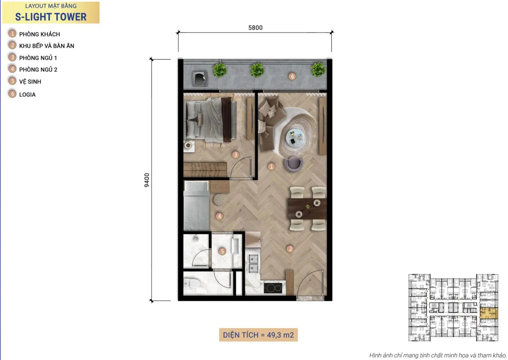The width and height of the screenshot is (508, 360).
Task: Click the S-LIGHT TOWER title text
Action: click(x=51, y=17)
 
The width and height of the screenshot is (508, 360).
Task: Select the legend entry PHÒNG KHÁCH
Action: click(x=39, y=34)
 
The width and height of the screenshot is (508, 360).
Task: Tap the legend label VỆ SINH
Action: click(x=30, y=82)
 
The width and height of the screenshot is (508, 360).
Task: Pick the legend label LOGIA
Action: click(x=27, y=95)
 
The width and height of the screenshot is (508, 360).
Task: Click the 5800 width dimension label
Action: click(x=255, y=28)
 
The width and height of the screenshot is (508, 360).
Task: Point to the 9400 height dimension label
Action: click(x=147, y=180)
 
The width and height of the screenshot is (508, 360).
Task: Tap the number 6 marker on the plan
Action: click(x=292, y=77)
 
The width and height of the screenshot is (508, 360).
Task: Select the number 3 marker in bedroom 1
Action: click(x=236, y=155)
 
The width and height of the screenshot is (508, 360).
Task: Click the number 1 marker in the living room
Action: click(x=271, y=167)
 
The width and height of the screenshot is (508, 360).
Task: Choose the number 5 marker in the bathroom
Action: click(x=222, y=251)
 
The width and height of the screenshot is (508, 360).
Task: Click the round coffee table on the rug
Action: click(x=294, y=137)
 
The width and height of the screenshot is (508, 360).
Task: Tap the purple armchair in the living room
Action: click(x=294, y=164)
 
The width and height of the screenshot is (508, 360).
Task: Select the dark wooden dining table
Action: click(x=307, y=209)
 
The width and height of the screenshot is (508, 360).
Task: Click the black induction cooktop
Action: click(x=273, y=288)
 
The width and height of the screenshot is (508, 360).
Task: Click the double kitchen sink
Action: click(x=253, y=263)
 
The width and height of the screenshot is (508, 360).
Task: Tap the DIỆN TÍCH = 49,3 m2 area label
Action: click(x=258, y=335)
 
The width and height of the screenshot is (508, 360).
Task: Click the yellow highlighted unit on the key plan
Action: click(x=489, y=314)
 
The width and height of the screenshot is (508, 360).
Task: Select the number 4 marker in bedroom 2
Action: click(x=219, y=216)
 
